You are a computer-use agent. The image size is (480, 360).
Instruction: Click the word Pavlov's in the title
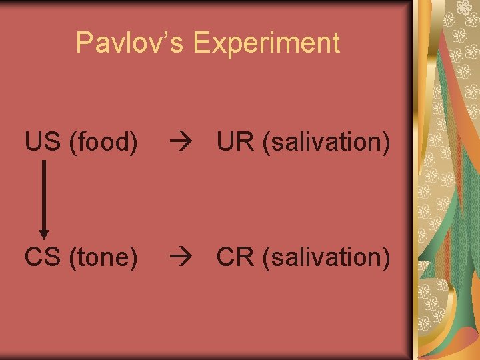click(129, 43)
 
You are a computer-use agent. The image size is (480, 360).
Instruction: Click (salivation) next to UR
click(327, 142)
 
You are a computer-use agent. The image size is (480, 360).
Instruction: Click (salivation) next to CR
click(327, 257)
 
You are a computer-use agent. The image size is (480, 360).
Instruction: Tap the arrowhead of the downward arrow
click(44, 233)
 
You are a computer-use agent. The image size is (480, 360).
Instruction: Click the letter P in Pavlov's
click(84, 43)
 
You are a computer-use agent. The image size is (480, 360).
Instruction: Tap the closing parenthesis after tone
click(134, 257)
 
